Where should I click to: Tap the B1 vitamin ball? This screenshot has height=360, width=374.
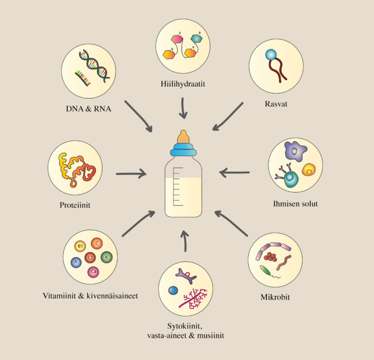coord(80,246)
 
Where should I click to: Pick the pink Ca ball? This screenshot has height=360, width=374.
coord(94,273)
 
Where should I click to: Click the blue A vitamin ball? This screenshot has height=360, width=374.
coord(77,262)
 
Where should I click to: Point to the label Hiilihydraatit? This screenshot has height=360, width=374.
coord(182,84)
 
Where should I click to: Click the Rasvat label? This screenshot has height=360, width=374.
coord(277,104)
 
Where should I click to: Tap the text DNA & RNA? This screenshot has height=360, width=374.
coord(87,110)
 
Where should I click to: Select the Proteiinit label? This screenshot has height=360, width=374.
coord(75,204)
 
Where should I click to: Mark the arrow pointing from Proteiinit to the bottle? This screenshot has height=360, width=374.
coord(131,173)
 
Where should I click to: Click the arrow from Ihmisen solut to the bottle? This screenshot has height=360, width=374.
coord(234,172)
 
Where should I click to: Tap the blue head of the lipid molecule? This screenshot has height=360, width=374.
coord(271,54)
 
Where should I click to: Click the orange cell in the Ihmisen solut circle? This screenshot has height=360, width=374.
coord(307,170)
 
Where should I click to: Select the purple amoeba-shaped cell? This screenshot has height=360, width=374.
coord(294,151)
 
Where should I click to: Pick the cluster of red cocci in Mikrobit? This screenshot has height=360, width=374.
coord(272,257)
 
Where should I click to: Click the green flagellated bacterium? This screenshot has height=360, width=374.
coord(265,270)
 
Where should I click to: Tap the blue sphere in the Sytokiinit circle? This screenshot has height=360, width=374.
coord(173,291)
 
